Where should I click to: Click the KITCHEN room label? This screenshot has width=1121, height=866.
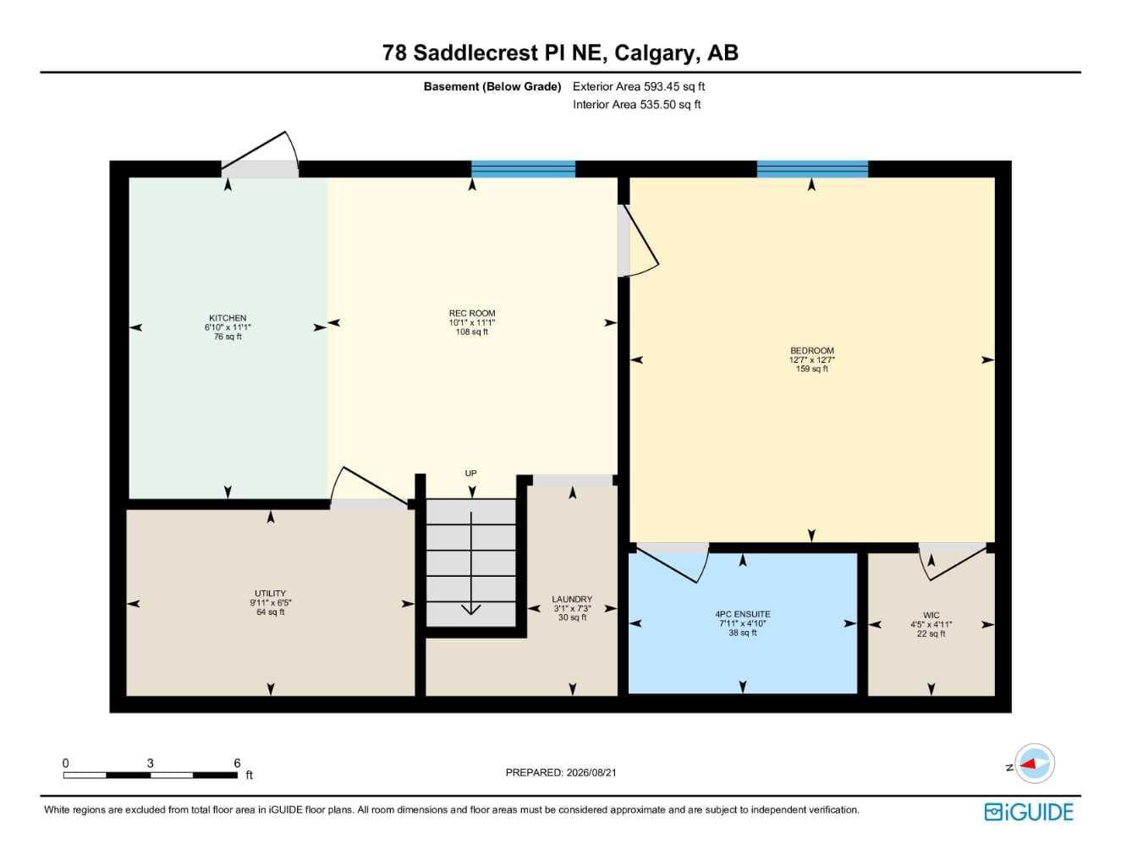pyautogui.click(x=228, y=318)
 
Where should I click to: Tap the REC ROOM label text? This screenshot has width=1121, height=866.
pyautogui.click(x=471, y=313)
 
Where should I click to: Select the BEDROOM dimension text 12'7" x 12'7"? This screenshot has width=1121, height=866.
pyautogui.click(x=811, y=359)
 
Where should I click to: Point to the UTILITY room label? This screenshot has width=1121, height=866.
pyautogui.click(x=270, y=594)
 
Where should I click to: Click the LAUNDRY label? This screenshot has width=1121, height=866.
pyautogui.click(x=572, y=599)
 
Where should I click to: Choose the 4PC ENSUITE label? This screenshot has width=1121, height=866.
pyautogui.click(x=742, y=614)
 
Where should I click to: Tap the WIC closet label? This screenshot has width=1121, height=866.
pyautogui.click(x=931, y=615)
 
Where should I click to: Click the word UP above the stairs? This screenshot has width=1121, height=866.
pyautogui.click(x=470, y=474)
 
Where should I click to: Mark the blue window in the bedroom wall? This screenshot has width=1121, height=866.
pyautogui.click(x=812, y=169)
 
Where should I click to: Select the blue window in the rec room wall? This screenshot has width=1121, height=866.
pyautogui.click(x=523, y=169)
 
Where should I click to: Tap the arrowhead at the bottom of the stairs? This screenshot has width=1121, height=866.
pyautogui.click(x=471, y=609)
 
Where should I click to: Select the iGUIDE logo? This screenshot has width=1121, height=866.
pyautogui.click(x=1029, y=812)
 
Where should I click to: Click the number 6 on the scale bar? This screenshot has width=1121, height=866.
pyautogui.click(x=237, y=763)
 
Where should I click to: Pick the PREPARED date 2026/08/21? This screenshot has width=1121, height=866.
pyautogui.click(x=591, y=773)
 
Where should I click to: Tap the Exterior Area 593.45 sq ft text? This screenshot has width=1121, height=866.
pyautogui.click(x=639, y=86)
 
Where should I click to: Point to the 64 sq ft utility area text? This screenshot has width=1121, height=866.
pyautogui.click(x=271, y=612)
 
